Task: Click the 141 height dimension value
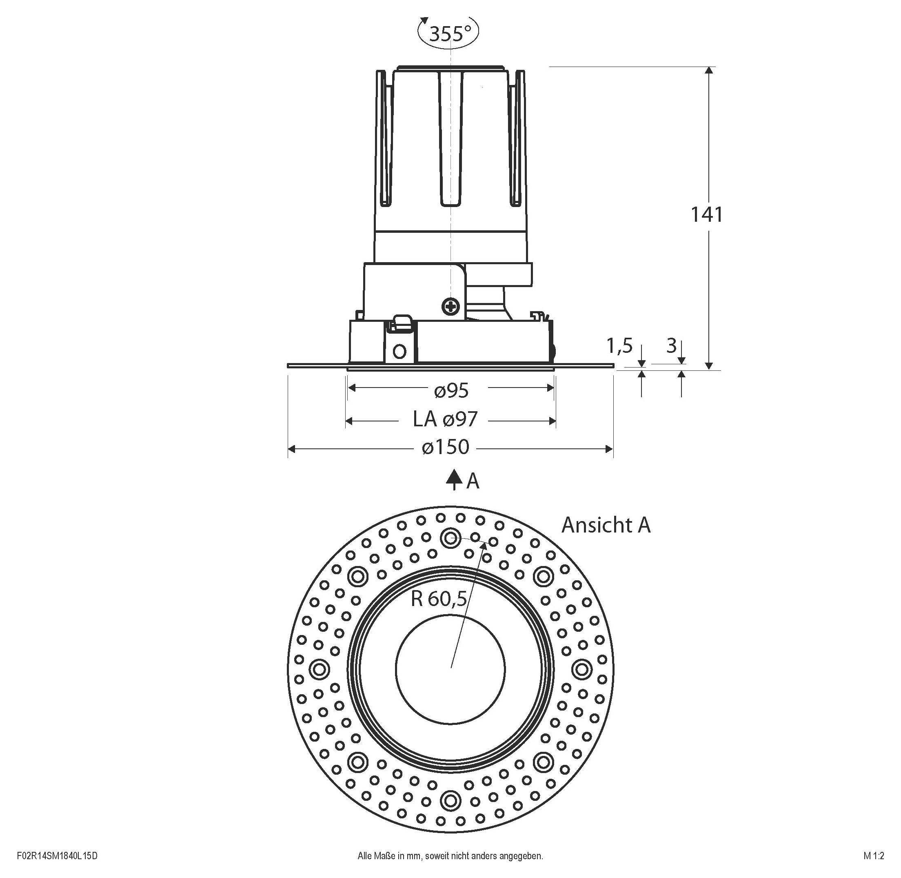706,214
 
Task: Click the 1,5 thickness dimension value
619,346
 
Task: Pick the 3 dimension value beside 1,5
672,345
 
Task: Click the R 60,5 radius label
439,599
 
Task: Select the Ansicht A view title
606,525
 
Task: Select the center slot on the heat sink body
450,138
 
